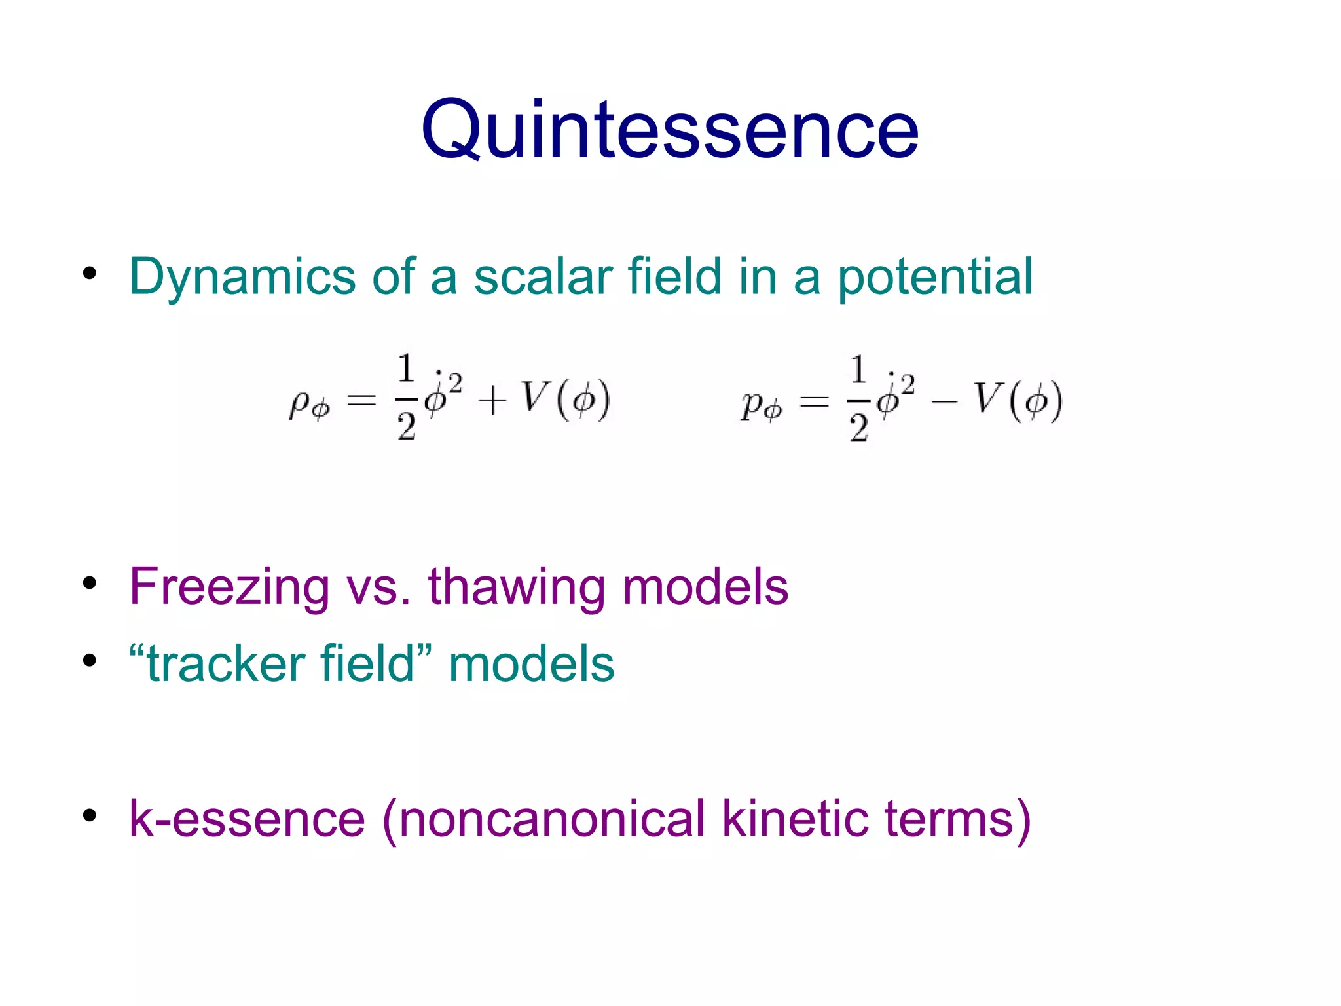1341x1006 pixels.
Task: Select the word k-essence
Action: click(x=247, y=819)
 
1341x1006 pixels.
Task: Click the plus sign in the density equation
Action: click(x=492, y=401)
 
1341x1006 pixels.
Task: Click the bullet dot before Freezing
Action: click(x=90, y=582)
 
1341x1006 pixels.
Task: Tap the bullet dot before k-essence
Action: click(x=90, y=815)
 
